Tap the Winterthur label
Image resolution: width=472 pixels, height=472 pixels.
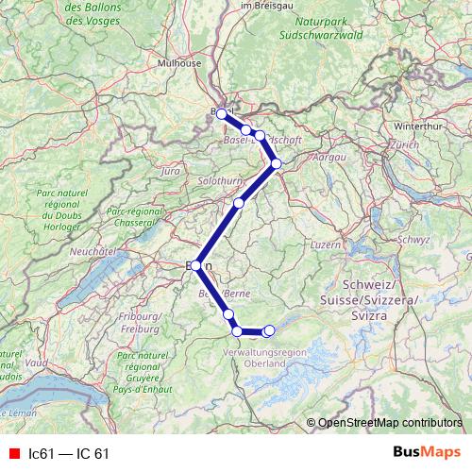(x=416, y=125)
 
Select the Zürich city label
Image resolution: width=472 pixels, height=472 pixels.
(x=403, y=145)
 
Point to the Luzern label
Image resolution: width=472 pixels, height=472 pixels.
(x=325, y=244)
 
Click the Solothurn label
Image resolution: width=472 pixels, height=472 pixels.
(x=220, y=178)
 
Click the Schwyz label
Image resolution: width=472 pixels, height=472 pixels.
(x=413, y=239)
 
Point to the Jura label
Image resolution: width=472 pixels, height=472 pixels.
(x=171, y=172)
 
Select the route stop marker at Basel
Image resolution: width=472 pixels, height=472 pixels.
(x=222, y=113)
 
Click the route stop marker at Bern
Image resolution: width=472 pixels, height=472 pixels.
(x=196, y=266)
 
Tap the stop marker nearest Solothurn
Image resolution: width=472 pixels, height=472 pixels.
(x=239, y=203)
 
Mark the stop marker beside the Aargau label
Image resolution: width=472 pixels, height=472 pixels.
(x=277, y=163)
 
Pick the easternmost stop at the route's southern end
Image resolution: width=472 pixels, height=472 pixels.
(x=270, y=330)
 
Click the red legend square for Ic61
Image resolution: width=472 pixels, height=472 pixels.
(x=14, y=453)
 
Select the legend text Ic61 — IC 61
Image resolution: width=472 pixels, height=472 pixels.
(x=69, y=453)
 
